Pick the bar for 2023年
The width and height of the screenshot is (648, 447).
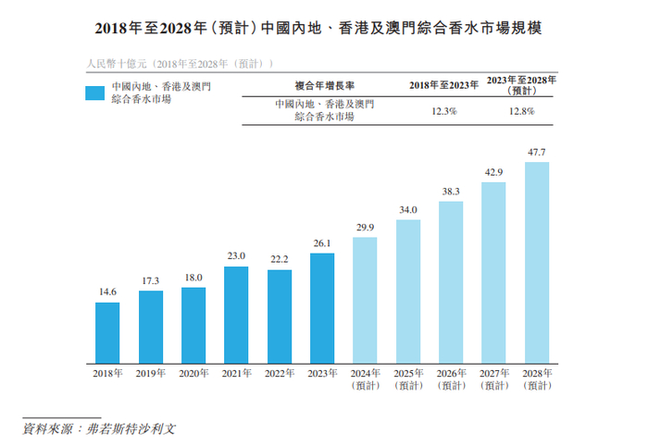[x=321, y=306]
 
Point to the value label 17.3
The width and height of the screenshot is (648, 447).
[x=150, y=279]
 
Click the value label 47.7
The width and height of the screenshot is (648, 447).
[x=536, y=152]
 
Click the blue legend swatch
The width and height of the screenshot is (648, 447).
[x=95, y=92]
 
